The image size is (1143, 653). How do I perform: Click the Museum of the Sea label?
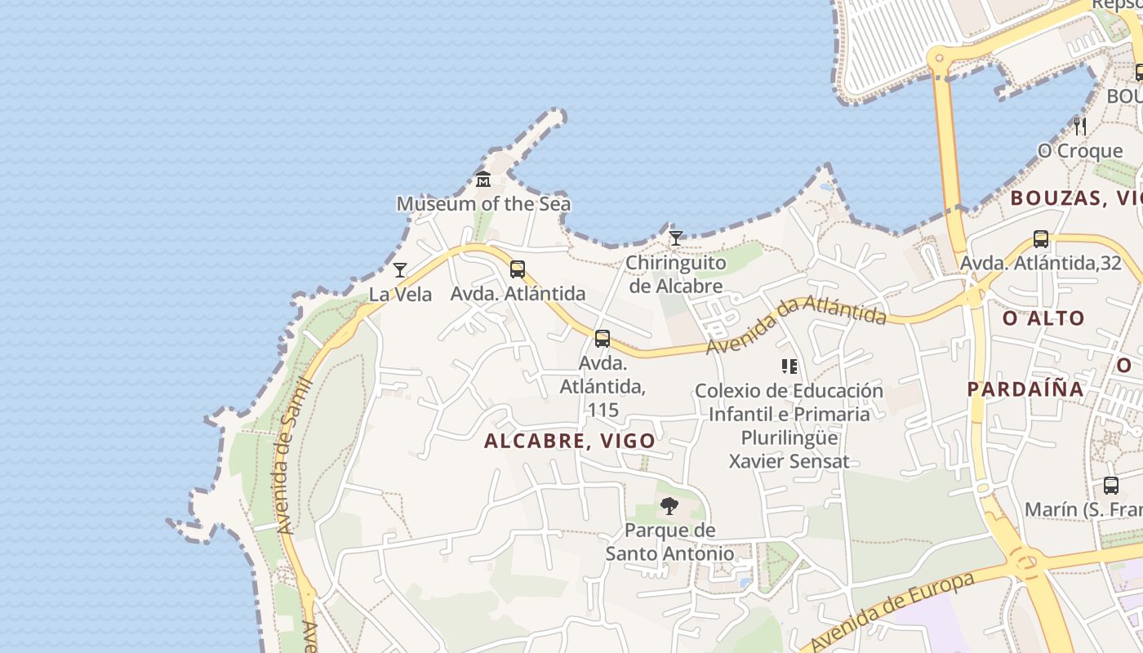point(483,203)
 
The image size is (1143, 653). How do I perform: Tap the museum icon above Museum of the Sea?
point(483,180)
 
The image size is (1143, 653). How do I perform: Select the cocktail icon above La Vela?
point(400,270)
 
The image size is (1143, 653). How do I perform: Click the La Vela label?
point(400,294)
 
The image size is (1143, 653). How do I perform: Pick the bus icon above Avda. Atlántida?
point(518,269)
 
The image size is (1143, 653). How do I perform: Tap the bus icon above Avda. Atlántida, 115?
point(603,338)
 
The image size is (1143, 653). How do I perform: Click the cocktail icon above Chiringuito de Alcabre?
point(675,238)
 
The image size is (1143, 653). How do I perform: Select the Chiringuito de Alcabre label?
point(675,274)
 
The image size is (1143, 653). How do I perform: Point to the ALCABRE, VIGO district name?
point(570,441)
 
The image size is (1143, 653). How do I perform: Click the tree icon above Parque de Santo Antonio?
point(669,506)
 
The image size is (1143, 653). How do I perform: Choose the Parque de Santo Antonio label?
point(669,542)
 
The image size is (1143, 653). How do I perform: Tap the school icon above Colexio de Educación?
point(789,366)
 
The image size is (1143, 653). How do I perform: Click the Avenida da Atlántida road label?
point(796,324)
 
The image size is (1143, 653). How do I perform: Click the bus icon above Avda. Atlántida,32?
point(1041,239)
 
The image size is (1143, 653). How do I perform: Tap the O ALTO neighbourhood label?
point(1043,318)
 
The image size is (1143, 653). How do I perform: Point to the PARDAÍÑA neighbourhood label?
point(1025,389)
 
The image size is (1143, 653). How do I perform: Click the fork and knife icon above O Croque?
point(1080,127)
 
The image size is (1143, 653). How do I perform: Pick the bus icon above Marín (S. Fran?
point(1111,486)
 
